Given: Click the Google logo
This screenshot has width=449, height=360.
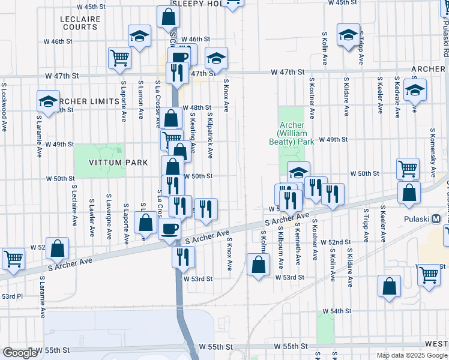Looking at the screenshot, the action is pyautogui.click(x=20, y=353).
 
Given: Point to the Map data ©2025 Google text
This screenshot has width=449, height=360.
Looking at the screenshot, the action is pyautogui.click(x=411, y=355).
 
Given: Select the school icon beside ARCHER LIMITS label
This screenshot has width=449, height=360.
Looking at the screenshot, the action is pyautogui.click(x=48, y=101).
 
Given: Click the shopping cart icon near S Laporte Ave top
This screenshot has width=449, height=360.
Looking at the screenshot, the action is pyautogui.click(x=120, y=58).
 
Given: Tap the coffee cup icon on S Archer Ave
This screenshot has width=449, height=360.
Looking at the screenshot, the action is pyautogui.click(x=170, y=228).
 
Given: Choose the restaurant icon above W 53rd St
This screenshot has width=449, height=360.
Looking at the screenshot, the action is pyautogui.click(x=183, y=256).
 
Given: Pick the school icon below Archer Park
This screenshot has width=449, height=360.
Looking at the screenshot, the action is pyautogui.click(x=298, y=173).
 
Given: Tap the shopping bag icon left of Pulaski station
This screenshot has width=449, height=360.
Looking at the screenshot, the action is pyautogui.click(x=409, y=193).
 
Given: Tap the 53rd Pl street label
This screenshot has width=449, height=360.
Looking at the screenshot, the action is pyautogui.click(x=11, y=296).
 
